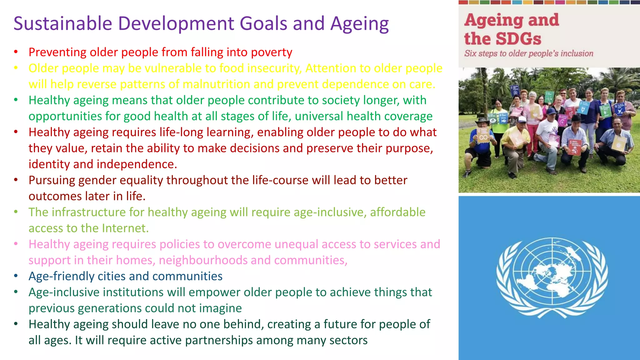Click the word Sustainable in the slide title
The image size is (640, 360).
click(63, 24)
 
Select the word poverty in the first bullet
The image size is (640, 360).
click(272, 52)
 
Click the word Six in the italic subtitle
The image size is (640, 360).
click(470, 53)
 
